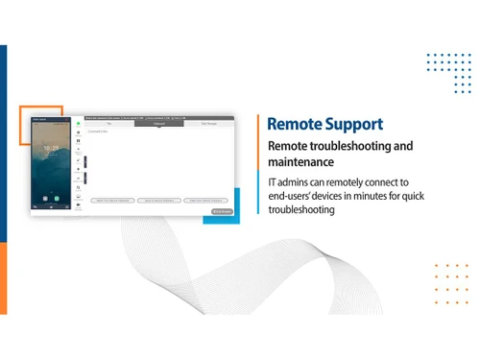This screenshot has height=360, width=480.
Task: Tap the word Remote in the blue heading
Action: point(293,124)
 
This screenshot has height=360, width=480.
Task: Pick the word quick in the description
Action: point(429,196)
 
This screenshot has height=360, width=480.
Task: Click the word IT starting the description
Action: point(274,182)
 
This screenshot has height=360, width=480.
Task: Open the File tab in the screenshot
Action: point(109,123)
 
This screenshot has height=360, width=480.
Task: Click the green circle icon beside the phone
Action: point(78,123)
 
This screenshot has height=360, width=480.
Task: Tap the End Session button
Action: point(222,211)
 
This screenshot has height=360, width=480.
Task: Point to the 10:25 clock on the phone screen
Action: point(54,148)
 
